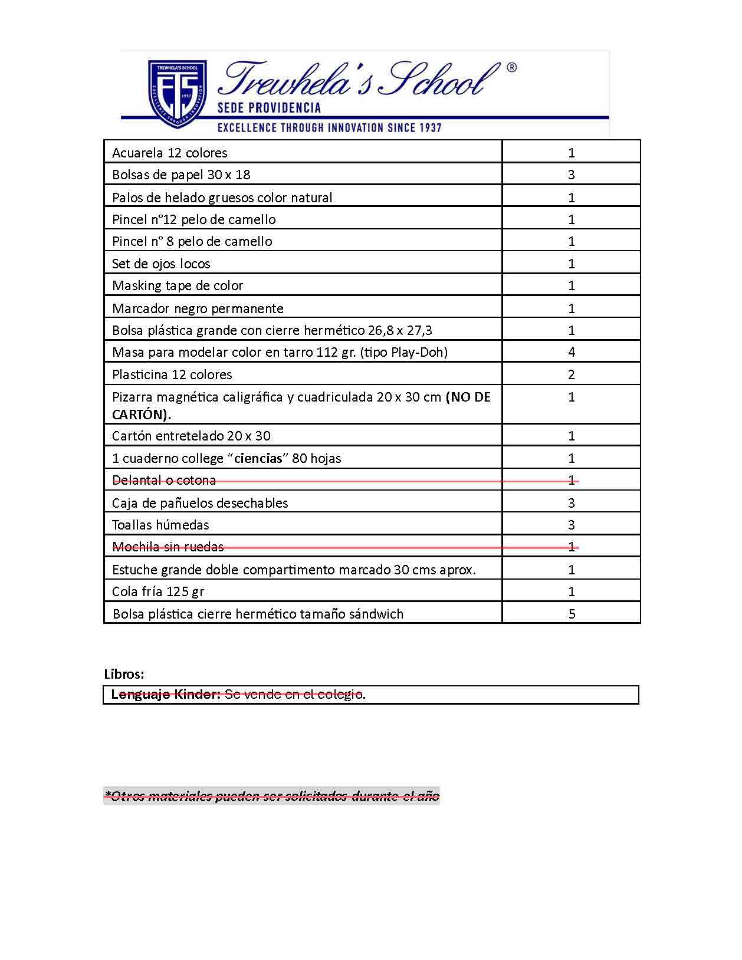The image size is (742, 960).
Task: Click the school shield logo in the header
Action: (177, 93)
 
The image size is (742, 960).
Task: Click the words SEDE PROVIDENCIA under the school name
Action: (269, 108)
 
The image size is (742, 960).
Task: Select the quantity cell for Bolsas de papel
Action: (571, 175)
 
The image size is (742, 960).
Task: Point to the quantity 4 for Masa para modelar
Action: (571, 352)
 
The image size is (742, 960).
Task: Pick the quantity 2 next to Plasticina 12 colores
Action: (571, 374)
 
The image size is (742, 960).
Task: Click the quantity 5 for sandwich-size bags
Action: (572, 614)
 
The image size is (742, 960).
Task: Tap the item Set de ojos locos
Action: (161, 264)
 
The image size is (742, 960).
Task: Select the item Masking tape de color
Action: (178, 285)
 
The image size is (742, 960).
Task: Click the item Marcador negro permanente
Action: (198, 308)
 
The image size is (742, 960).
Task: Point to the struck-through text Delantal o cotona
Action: (164, 480)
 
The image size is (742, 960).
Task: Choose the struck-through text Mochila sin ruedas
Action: (168, 547)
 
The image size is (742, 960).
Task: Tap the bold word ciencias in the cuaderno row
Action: (257, 458)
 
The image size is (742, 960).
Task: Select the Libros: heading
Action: (124, 674)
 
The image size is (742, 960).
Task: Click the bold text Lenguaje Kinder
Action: (166, 694)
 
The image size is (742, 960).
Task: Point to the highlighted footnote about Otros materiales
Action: (272, 796)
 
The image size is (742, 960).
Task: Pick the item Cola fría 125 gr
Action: (158, 591)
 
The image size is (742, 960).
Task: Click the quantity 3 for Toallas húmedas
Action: (571, 525)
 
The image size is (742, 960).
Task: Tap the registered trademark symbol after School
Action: (511, 68)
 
